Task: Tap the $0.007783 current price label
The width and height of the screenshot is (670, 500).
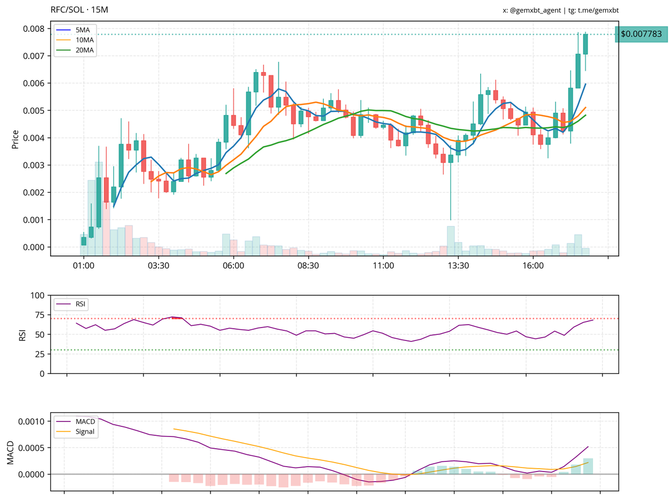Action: (641, 34)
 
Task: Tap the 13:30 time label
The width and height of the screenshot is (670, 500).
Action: (458, 266)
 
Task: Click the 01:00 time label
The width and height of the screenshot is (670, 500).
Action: (83, 266)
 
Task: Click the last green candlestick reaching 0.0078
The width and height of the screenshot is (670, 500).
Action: (586, 44)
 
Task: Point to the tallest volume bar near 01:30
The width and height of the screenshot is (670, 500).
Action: (99, 208)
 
